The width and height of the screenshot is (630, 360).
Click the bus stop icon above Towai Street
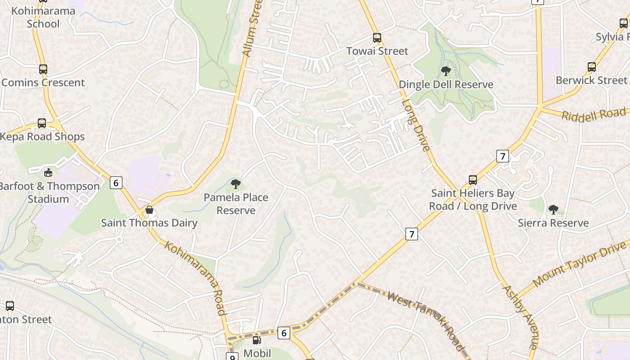tap(377, 38)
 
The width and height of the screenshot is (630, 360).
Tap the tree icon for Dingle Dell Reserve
tap(445, 71)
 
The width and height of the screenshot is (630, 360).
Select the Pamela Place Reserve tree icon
tap(235, 184)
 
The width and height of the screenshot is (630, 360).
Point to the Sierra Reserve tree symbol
tap(553, 209)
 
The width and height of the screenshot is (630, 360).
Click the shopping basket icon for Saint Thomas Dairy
tap(149, 210)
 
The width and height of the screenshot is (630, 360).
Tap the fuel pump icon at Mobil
tap(256, 341)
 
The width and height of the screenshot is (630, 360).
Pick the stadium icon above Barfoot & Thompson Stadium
tap(48, 172)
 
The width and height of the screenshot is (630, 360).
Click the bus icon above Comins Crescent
tap(43, 69)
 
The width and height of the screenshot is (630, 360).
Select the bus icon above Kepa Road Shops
tap(42, 123)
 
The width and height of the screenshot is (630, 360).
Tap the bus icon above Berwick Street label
tap(592, 67)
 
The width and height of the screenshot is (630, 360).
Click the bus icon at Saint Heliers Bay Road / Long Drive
tap(473, 180)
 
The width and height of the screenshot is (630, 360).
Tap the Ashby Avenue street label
tap(520, 317)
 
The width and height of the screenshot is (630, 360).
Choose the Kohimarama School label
tap(43, 17)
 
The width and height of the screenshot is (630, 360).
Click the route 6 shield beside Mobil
tap(283, 333)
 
